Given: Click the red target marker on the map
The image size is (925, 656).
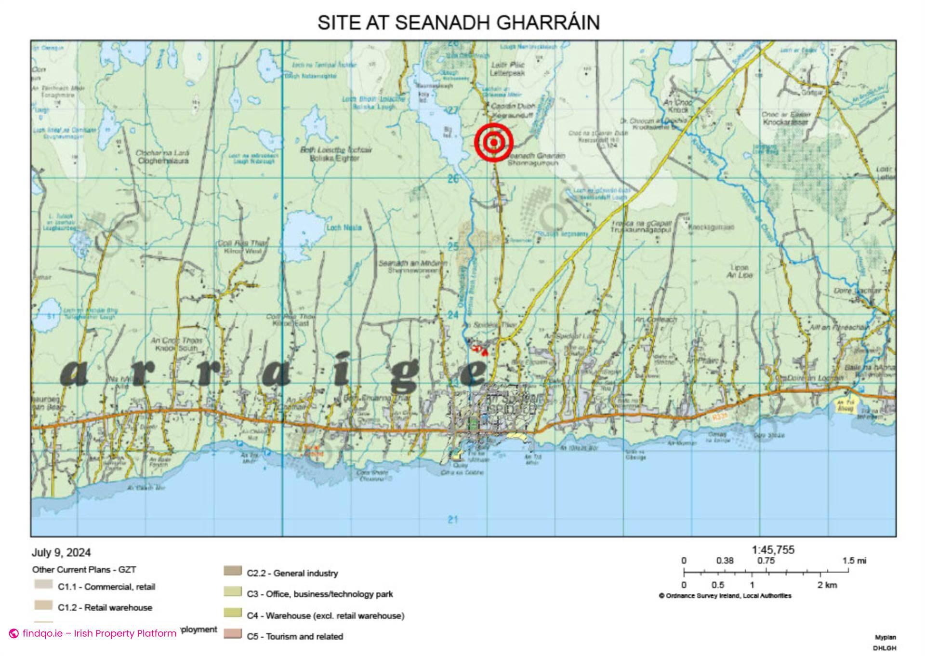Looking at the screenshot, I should click(x=494, y=142).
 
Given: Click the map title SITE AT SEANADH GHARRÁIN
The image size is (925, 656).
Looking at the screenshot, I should click(x=458, y=23).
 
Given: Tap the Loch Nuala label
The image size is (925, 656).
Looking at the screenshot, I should click(x=344, y=228).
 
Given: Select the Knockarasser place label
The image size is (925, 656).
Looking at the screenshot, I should click(x=785, y=122).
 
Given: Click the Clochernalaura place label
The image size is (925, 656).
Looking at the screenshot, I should click(x=163, y=161).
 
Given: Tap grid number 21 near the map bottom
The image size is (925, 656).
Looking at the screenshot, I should click(x=452, y=520).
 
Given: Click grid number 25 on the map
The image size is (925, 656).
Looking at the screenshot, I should click(x=453, y=247).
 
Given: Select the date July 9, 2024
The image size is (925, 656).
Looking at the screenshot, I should click(x=61, y=552).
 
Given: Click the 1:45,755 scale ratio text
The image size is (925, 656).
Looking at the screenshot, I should click(x=773, y=550).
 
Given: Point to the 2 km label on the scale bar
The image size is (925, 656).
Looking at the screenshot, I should click(x=827, y=585).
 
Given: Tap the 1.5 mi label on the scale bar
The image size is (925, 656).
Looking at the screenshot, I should click(x=854, y=561).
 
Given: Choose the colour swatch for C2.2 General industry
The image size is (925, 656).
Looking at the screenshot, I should click(x=232, y=571).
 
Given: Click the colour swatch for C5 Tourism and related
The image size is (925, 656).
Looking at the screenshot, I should click(x=232, y=634).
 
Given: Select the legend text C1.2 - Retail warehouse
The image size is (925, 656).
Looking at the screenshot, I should click(x=105, y=608).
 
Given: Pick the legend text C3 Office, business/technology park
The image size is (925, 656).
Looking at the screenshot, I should click(x=319, y=594).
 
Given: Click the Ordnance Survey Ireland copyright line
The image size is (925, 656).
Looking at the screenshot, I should click(x=725, y=596).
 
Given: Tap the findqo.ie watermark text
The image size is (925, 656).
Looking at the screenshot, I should click(x=99, y=633).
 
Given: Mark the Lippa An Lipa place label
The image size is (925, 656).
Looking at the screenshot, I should click(x=739, y=271).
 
